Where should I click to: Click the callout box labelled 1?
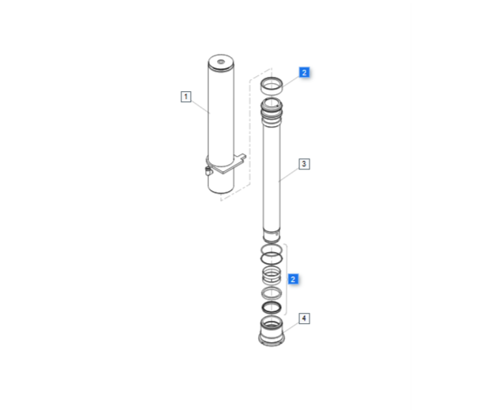click(x=186, y=97)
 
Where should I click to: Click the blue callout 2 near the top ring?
click(x=304, y=73)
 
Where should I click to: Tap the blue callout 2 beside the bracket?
click(x=293, y=279)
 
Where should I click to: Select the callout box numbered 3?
click(x=304, y=164)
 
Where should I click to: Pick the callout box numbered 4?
click(x=304, y=318)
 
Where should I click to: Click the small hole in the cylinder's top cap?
click(x=221, y=62)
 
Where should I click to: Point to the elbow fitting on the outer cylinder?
click(x=208, y=171)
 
